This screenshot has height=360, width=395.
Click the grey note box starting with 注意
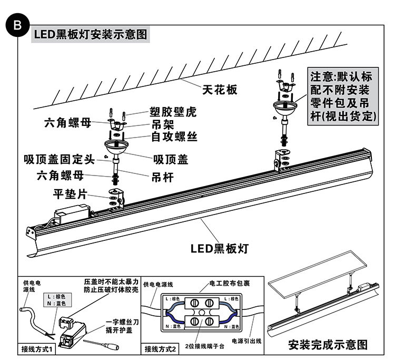pos(344,95)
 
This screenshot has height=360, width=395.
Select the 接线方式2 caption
pos(160,348)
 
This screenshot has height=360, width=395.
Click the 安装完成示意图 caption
pos(328,345)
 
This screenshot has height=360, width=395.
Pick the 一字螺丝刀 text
pos(121,321)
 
